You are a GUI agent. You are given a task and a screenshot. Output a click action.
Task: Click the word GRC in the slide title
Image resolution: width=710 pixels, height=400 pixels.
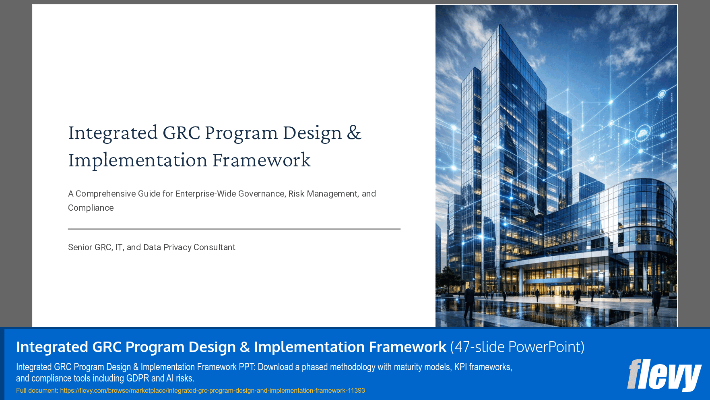pyautogui.click(x=181, y=133)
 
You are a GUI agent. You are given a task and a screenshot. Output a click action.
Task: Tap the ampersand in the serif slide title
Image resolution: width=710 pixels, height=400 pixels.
pyautogui.click(x=354, y=133)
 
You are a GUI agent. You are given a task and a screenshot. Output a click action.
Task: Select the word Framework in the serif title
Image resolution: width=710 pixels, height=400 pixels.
pyautogui.click(x=262, y=160)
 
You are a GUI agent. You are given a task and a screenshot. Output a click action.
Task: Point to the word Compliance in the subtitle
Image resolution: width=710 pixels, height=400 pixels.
pyautogui.click(x=91, y=208)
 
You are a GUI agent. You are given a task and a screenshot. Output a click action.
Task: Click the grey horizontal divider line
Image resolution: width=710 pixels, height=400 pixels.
pyautogui.click(x=234, y=229)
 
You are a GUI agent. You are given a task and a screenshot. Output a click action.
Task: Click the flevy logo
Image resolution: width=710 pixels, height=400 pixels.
pyautogui.click(x=664, y=375)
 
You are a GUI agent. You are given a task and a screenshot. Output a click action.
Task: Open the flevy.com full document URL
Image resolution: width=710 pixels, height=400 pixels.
pyautogui.click(x=212, y=390)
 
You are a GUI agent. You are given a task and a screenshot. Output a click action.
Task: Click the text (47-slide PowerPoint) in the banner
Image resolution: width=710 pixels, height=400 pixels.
pyautogui.click(x=517, y=347)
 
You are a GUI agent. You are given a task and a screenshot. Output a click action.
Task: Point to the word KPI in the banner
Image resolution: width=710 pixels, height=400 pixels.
pyautogui.click(x=460, y=367)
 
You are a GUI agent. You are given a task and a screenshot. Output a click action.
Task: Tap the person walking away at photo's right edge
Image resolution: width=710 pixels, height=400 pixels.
pyautogui.click(x=656, y=300)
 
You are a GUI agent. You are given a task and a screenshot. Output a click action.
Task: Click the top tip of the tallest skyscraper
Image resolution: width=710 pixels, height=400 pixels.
pyautogui.click(x=500, y=26)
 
